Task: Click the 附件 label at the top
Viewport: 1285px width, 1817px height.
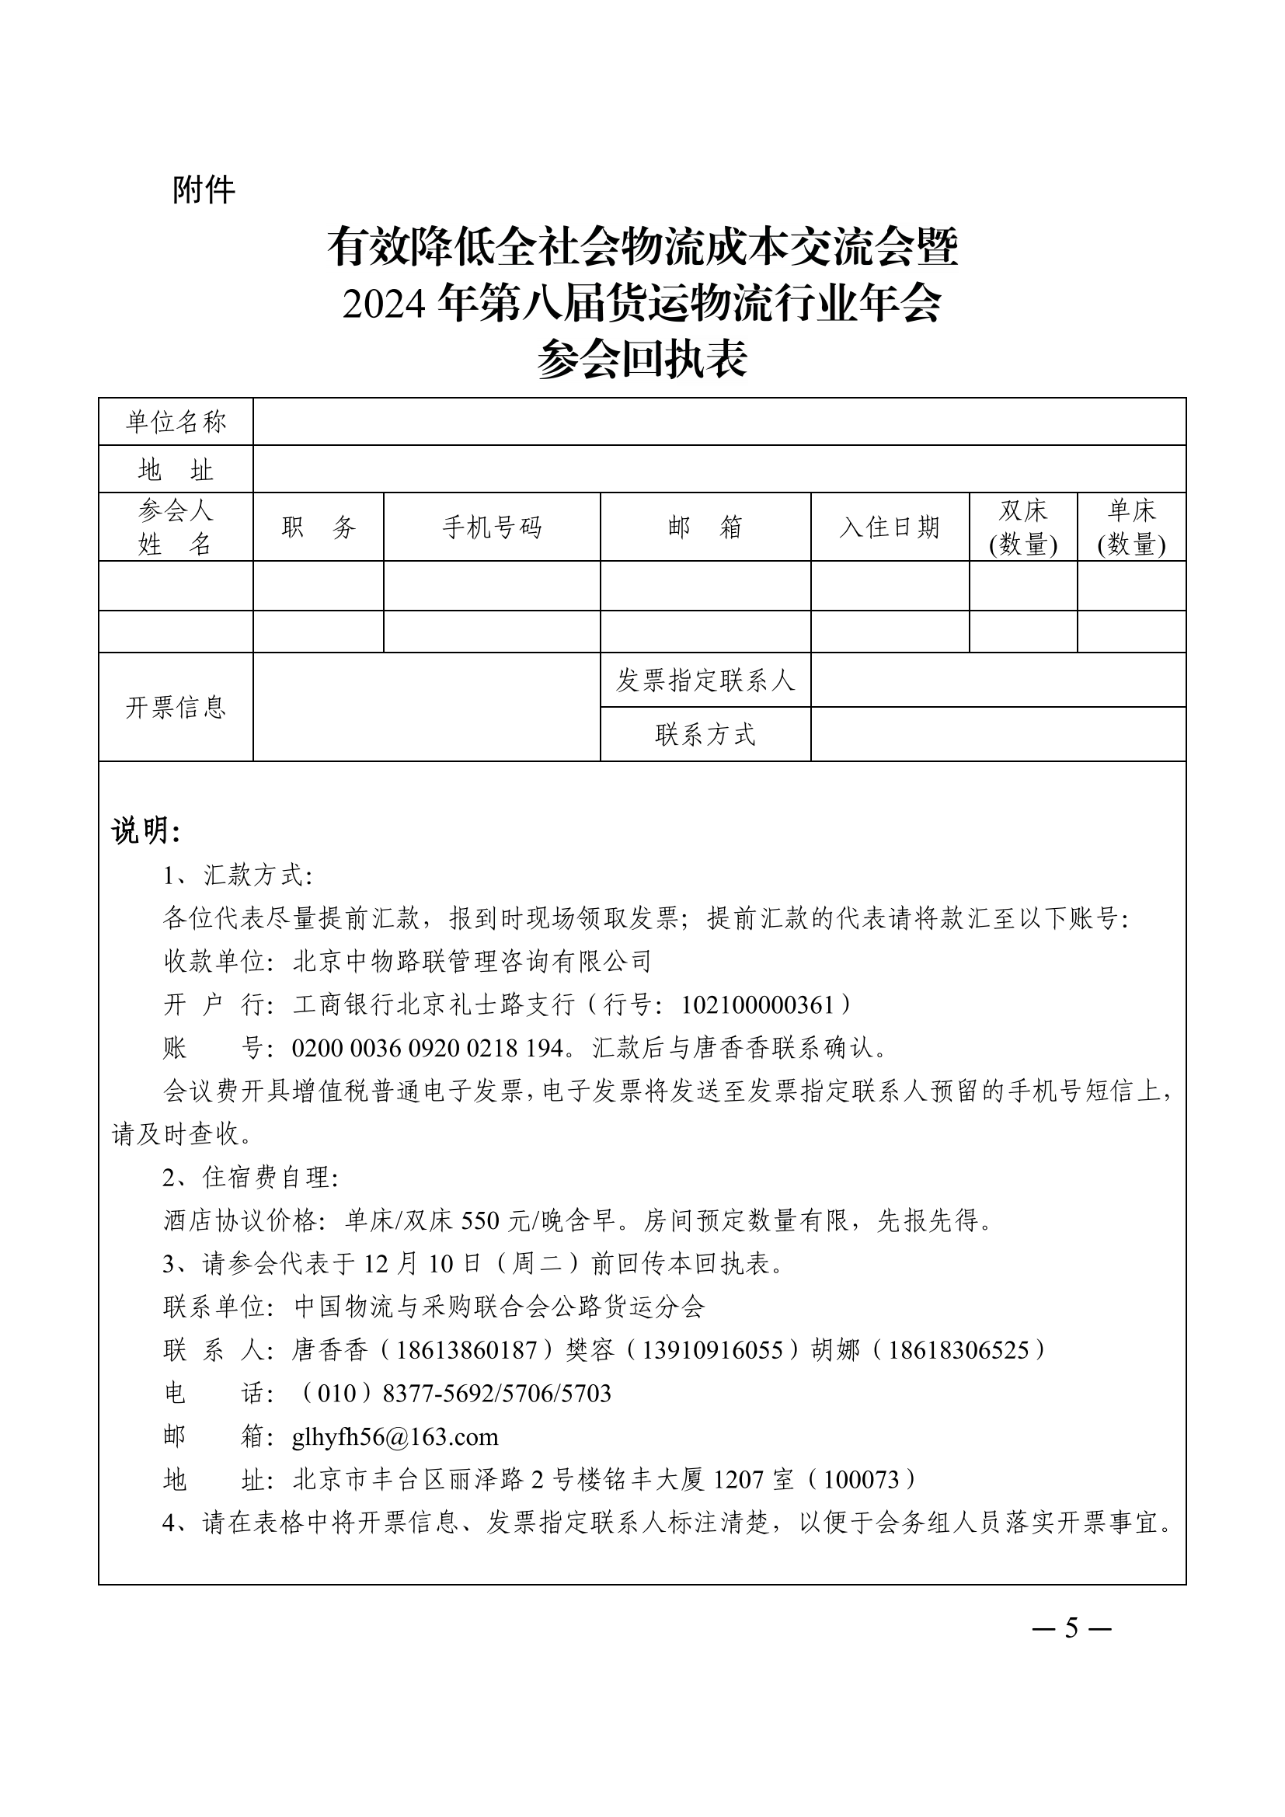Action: pos(204,190)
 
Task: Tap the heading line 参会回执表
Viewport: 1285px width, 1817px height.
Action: pos(642,360)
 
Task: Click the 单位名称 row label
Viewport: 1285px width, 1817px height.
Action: pos(176,422)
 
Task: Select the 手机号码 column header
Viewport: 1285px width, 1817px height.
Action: pos(491,527)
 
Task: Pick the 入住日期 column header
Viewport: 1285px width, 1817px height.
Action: pos(890,527)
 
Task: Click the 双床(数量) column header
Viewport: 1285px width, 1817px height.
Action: pos(1023,527)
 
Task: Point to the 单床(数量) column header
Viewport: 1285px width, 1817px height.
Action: pos(1131,527)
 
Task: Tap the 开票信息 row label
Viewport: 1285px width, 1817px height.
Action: pos(176,707)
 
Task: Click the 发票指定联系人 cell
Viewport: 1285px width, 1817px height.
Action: pos(705,680)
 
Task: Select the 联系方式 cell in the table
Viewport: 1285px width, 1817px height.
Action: pos(705,734)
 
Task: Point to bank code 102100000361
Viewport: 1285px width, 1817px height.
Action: pos(757,1005)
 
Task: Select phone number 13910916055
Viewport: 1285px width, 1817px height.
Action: pos(712,1350)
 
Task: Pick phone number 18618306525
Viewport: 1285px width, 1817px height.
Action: pos(958,1350)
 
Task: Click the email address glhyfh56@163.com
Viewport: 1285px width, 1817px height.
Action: pos(395,1436)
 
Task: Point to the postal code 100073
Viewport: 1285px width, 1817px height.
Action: pos(861,1480)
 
